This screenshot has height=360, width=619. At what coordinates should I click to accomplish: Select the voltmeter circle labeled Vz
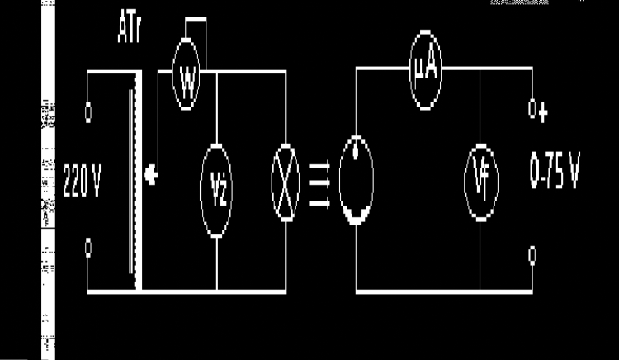[x=216, y=182]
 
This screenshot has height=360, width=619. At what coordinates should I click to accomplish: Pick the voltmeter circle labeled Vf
[x=480, y=182]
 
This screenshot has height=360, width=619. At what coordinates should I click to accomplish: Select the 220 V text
[x=82, y=182]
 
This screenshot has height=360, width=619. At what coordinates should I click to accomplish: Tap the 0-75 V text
[x=554, y=175]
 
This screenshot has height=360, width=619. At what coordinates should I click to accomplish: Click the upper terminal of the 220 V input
[x=88, y=108]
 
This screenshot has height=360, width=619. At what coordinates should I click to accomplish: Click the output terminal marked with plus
[x=533, y=108]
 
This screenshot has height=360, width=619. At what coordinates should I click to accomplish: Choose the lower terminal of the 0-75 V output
[x=533, y=253]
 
